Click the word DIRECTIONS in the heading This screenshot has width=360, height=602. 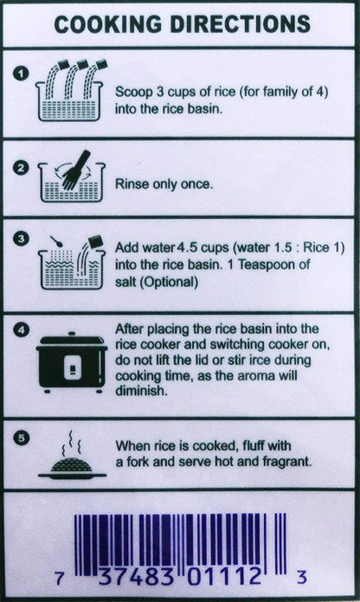(x=240, y=24)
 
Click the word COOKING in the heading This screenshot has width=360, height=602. (x=108, y=24)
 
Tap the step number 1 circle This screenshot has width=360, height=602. (x=21, y=74)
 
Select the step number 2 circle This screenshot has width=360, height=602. (x=21, y=168)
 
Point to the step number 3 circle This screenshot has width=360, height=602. (x=21, y=239)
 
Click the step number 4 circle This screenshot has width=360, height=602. (x=21, y=330)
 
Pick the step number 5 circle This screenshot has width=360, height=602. (x=21, y=438)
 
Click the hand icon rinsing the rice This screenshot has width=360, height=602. (x=74, y=170)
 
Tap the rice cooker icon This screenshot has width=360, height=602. (x=72, y=362)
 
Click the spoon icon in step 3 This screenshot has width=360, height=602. (x=56, y=241)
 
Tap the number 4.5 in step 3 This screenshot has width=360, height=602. (x=187, y=247)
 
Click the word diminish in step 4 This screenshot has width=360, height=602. (x=141, y=390)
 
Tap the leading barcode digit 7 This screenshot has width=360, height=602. (x=59, y=578)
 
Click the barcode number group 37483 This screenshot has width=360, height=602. (x=137, y=577)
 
